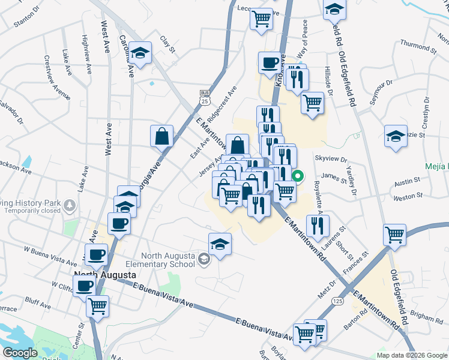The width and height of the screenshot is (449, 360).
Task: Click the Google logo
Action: [20, 353]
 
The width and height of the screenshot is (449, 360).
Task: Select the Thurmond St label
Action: [415, 46]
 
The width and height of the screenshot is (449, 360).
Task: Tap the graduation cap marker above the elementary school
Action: [220, 244]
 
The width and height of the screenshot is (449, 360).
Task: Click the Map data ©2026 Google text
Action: [411, 355]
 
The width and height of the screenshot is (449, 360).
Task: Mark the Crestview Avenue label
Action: [56, 77]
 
